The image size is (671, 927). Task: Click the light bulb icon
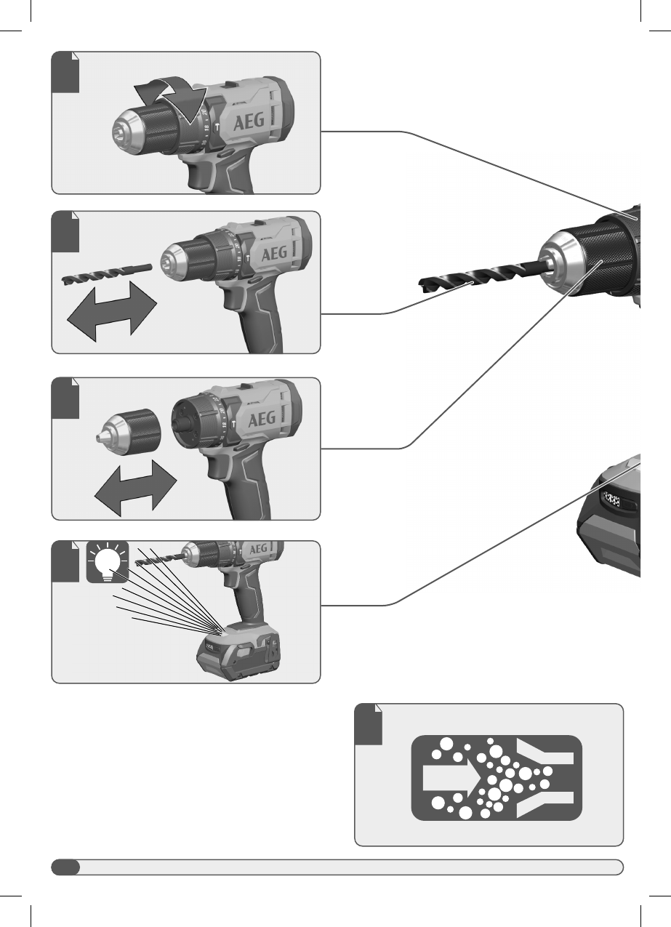107,563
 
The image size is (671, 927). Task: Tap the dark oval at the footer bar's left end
65,867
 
